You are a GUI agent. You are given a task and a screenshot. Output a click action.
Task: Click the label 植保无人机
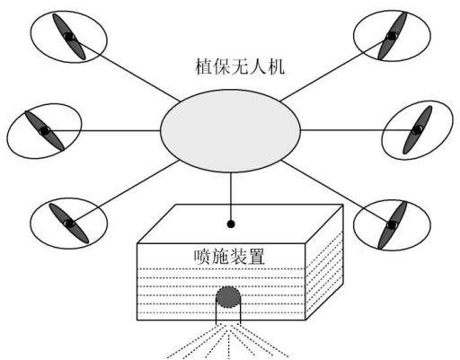[240, 66]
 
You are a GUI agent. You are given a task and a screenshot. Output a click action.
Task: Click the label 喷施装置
[229, 257]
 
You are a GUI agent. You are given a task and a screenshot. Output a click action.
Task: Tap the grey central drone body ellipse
[230, 131]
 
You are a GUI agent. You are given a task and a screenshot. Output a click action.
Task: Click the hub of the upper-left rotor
[69, 37]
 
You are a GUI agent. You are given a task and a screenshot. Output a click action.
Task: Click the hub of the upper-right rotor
[392, 36]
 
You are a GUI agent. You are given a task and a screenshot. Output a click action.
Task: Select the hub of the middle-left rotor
[45, 131]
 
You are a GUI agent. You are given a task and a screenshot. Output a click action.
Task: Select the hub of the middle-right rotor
[417, 130]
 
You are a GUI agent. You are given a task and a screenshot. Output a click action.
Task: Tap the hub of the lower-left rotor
[69, 224]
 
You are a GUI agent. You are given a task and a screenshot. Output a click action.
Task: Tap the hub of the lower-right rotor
[392, 224]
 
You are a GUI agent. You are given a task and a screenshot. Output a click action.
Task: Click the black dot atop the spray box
[231, 224]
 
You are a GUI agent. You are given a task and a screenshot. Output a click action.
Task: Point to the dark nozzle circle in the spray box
[228, 297]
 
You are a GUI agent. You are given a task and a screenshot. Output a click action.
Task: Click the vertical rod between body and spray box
[231, 197]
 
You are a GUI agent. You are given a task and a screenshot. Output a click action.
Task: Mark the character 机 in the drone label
[276, 66]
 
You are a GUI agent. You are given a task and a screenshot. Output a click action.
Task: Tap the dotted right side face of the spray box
[324, 276]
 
